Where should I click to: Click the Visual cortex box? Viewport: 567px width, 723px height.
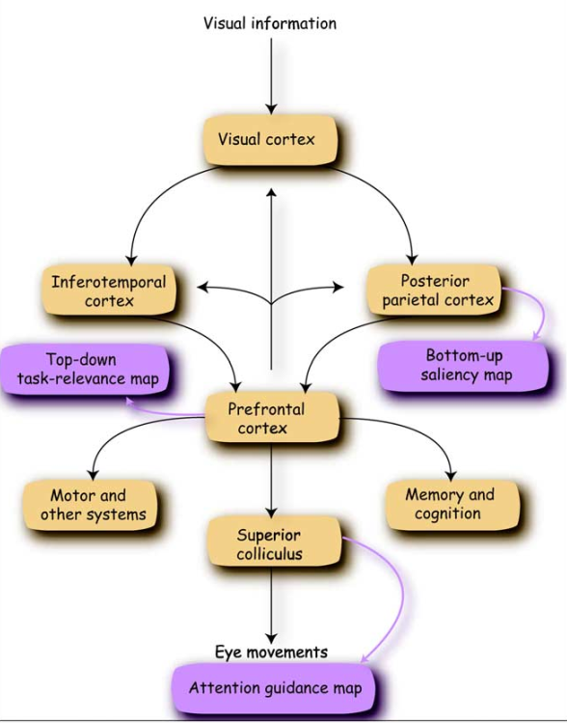coord(272,140)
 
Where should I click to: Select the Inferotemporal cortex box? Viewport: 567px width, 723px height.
coord(108,292)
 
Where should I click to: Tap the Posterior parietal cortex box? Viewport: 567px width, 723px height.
coord(434,291)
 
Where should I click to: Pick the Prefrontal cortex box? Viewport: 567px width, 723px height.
coord(271,417)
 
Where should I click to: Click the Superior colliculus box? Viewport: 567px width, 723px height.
coord(271,543)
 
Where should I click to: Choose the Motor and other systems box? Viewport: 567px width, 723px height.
coord(88,505)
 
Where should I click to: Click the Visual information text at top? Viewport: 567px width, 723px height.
coord(270,22)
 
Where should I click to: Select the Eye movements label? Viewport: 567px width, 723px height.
coord(271,652)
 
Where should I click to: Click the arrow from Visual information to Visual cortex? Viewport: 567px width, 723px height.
coord(272,72)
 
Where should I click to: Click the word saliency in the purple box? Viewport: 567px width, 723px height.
coord(452,374)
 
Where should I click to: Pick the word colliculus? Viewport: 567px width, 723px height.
coord(271,553)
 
